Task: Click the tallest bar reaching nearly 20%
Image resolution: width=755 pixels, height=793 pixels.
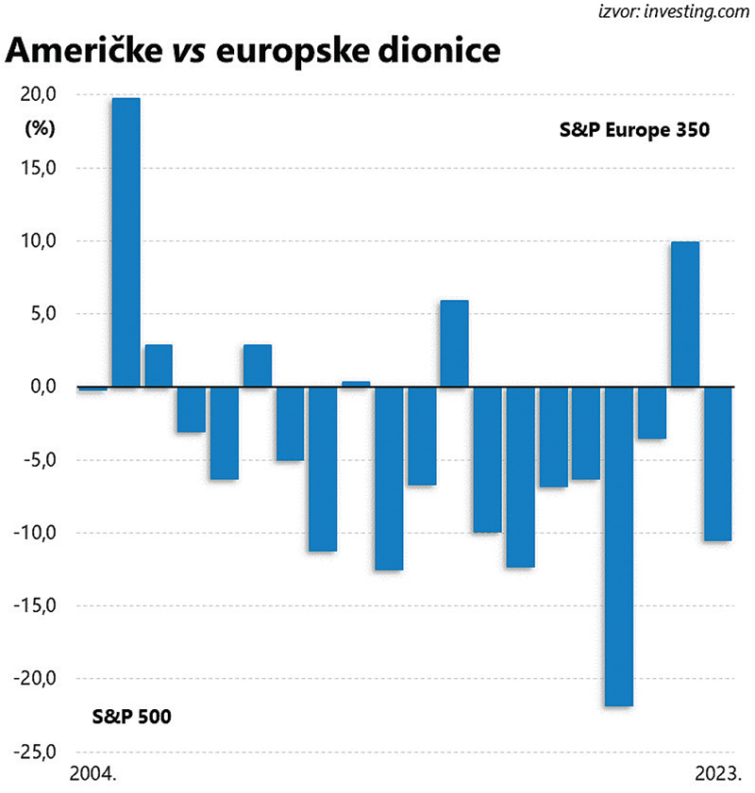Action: [126, 242]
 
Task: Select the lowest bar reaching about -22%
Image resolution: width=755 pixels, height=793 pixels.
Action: [619, 546]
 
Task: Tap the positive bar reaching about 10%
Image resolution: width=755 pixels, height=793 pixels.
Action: [684, 314]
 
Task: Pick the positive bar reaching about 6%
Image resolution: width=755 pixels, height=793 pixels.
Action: [454, 343]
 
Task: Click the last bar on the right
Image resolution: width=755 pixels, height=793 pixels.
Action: [717, 463]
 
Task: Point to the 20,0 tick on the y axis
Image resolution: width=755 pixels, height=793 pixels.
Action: [37, 94]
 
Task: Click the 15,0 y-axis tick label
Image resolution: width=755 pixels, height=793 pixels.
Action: [37, 168]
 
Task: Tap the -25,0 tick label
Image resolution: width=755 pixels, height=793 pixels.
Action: [34, 752]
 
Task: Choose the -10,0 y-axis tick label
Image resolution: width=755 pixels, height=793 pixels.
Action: [34, 533]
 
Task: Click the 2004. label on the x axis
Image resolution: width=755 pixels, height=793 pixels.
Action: [92, 775]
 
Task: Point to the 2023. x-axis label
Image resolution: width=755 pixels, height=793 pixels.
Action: [715, 775]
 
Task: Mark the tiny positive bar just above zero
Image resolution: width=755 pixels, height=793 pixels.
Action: [356, 384]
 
